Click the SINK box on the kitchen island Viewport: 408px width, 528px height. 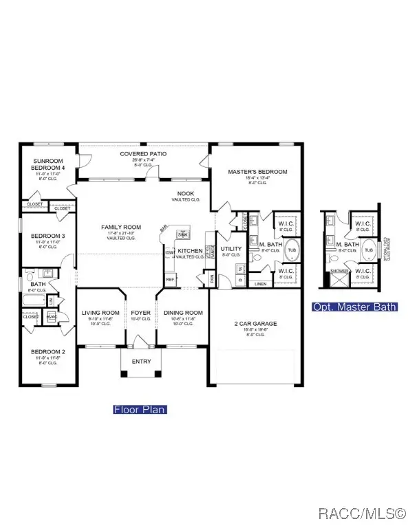click(x=182, y=234)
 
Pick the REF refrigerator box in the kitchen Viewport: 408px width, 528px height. click(x=170, y=279)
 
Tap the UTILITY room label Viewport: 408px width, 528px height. click(x=230, y=248)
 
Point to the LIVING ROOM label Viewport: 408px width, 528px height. click(x=100, y=313)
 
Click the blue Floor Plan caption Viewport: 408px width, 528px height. click(x=140, y=410)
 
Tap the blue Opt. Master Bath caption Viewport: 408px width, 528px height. click(x=354, y=307)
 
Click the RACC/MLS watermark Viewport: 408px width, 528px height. click(x=367, y=513)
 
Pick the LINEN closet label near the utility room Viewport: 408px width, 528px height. click(x=260, y=283)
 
